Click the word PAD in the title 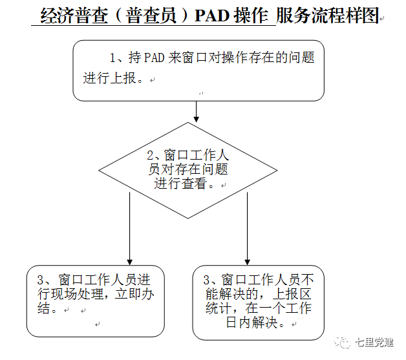pos(215,16)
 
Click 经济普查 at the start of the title pos(68,16)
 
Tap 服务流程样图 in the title pos(326,16)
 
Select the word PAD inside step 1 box pos(154,58)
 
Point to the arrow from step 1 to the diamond pos(196,111)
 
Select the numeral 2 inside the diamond pos(152,156)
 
